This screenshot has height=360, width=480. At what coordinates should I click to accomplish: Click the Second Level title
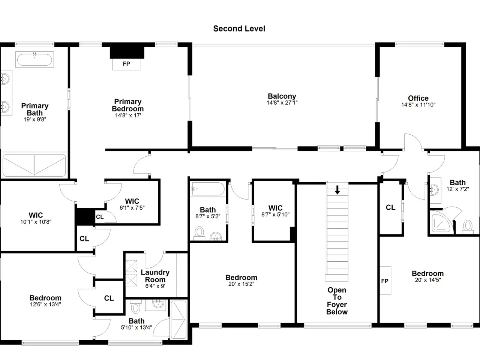[x=239, y=28]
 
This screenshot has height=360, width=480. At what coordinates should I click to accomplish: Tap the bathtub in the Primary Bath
[x=34, y=60]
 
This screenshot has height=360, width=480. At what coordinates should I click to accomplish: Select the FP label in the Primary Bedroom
[x=126, y=64]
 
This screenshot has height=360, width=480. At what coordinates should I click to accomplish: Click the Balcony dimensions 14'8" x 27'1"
[x=282, y=103]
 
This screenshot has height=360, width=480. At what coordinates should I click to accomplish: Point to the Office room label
[x=418, y=98]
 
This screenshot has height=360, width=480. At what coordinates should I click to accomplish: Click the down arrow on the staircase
[x=337, y=190]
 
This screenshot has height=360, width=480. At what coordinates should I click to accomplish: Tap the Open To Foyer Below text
[x=337, y=301]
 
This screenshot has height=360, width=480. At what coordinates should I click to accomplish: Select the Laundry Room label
[x=155, y=276]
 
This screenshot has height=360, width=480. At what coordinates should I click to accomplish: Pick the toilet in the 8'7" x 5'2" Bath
[x=199, y=233]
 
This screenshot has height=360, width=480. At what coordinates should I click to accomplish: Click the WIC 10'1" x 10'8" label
[x=36, y=218]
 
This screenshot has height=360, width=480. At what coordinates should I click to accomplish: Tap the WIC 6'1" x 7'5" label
[x=132, y=204]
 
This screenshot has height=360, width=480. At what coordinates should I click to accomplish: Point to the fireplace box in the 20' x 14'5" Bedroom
[x=385, y=280]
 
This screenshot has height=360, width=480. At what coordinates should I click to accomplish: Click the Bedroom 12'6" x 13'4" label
[x=45, y=301]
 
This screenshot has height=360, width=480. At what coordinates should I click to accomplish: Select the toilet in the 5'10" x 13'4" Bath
[x=136, y=306]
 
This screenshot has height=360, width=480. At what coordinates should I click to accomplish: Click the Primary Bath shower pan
[x=34, y=165]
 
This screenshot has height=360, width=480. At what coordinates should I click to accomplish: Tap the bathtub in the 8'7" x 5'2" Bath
[x=208, y=189]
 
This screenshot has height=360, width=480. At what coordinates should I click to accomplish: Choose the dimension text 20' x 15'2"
[x=241, y=284]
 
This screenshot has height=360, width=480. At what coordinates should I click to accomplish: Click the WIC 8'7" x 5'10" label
[x=275, y=211]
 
